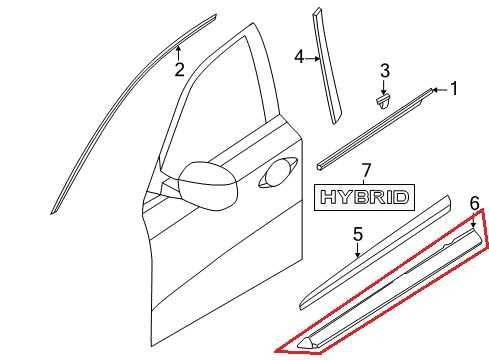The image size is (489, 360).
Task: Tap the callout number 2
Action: click(x=179, y=69)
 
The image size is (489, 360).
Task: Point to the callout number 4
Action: click(x=299, y=57)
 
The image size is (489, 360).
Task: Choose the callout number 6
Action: click(x=474, y=204)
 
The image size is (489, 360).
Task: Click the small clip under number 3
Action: click(x=382, y=99)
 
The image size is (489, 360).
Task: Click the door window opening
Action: click(x=220, y=110)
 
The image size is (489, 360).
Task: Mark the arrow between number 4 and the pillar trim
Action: click(x=313, y=57)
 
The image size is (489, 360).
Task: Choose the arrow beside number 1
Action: click(x=438, y=90)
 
